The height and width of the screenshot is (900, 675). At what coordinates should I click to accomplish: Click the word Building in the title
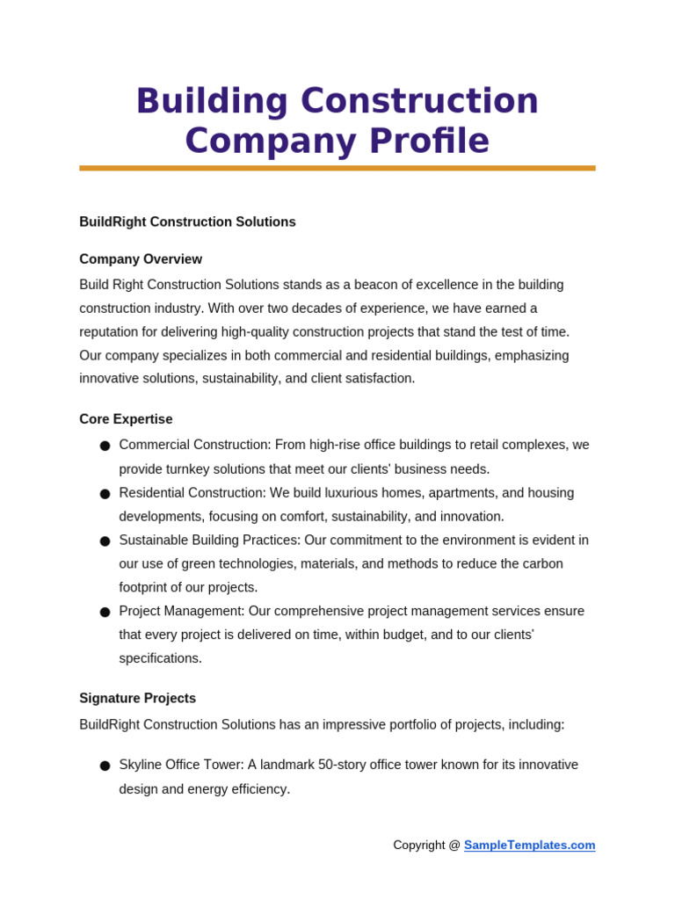pos(212,101)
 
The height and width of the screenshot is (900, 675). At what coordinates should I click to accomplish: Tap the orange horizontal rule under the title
pos(337,168)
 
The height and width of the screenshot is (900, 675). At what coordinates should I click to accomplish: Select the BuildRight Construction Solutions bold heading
pos(187,222)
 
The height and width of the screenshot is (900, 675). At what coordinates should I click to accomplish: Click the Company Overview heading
pos(141,259)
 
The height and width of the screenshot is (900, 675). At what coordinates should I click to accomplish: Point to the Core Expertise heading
pos(126,419)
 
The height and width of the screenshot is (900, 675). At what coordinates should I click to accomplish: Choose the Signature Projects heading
pos(137,699)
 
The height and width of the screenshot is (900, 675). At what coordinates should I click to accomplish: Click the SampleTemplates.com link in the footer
pos(529,846)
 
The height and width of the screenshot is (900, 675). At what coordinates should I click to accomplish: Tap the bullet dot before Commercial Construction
pos(105,446)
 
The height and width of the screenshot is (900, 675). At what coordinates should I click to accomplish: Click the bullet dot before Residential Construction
pos(105,494)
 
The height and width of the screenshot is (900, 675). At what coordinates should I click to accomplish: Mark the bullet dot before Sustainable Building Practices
pos(105,541)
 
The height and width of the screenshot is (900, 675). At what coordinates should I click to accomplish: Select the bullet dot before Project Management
pos(105,612)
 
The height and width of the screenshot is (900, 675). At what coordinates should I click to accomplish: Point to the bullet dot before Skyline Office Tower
pos(105,766)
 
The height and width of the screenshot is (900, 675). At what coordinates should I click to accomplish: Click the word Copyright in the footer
pos(419,846)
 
